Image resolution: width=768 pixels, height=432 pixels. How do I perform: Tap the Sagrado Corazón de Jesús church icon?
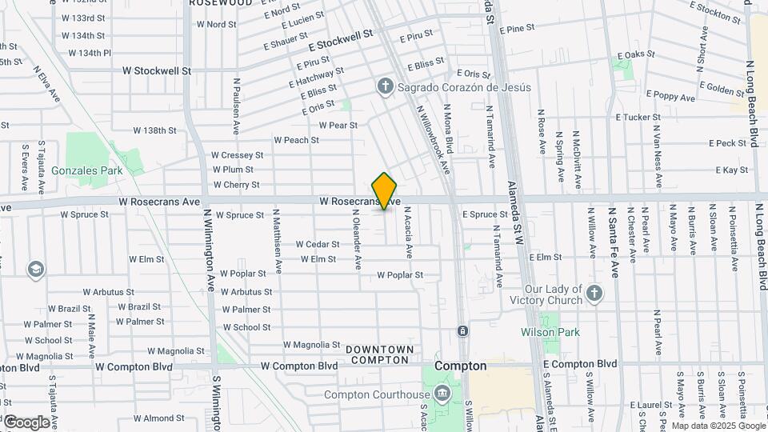(385, 86)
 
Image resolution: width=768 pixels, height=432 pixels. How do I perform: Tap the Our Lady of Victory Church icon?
(593, 294)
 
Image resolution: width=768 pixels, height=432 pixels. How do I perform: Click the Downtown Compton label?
(380, 354)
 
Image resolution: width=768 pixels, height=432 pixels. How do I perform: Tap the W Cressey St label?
(237, 155)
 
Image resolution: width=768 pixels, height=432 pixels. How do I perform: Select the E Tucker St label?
(638, 117)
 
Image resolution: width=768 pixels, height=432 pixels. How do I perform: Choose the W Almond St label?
(159, 418)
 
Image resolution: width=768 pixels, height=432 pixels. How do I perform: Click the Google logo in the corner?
(26, 422)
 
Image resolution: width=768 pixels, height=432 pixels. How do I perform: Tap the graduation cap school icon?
(35, 269)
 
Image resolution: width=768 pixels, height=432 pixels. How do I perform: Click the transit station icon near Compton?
(462, 330)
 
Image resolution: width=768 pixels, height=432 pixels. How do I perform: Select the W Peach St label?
(296, 140)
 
